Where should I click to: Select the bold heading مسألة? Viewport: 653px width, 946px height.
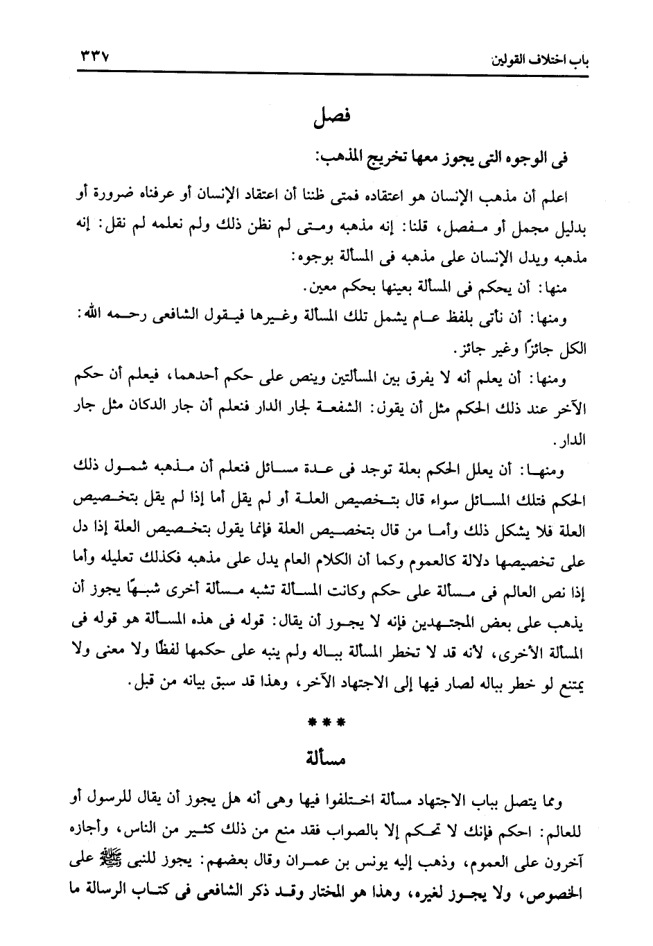pos(326,758)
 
